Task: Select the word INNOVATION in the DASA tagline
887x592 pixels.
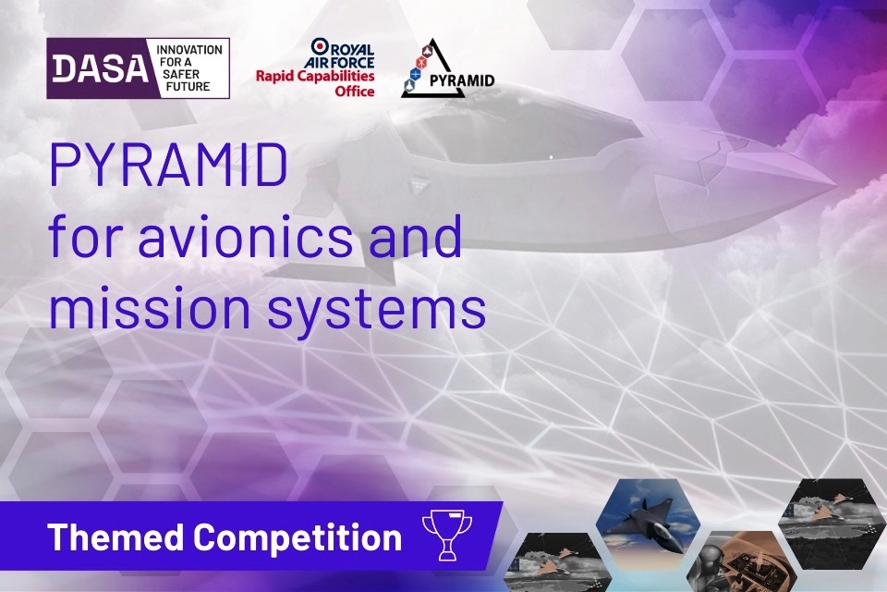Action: pyautogui.click(x=189, y=49)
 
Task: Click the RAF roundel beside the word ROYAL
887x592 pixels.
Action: pyautogui.click(x=319, y=45)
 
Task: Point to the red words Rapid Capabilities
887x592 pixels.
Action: pyautogui.click(x=315, y=78)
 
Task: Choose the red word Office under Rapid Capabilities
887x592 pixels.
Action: pyautogui.click(x=356, y=92)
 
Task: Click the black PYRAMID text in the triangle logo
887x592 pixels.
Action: pyautogui.click(x=461, y=80)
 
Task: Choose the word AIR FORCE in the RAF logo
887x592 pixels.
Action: pyautogui.click(x=343, y=60)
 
